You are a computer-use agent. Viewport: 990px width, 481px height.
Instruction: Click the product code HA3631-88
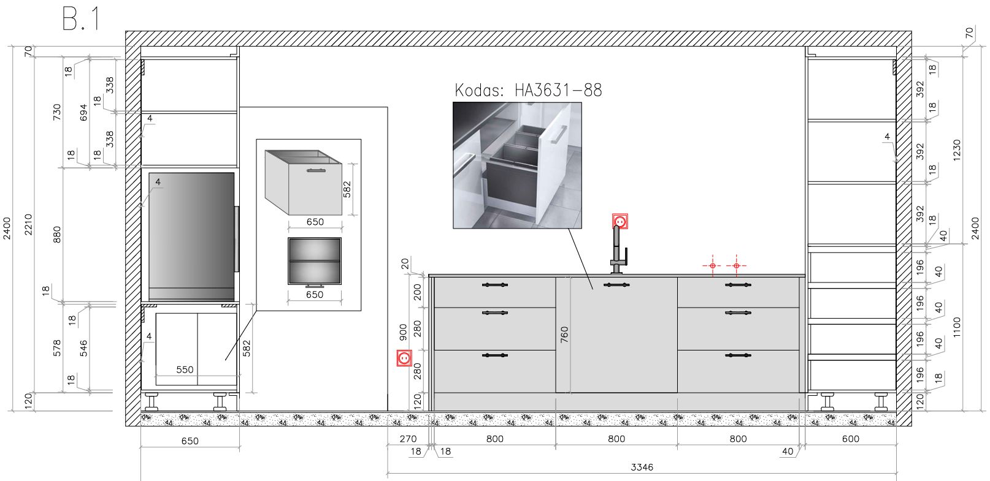point(558,90)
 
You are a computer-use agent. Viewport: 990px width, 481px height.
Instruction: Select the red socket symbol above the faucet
point(620,221)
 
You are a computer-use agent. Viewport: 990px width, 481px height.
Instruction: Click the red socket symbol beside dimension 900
point(404,358)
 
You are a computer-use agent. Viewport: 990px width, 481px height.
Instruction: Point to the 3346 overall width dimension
point(642,468)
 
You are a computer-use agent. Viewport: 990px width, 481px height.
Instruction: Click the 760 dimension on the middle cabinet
point(564,335)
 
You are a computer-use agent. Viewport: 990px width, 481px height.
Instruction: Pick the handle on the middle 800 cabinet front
point(616,285)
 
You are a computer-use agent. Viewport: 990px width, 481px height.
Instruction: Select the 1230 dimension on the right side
point(957,150)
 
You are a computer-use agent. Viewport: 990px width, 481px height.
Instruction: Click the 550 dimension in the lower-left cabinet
point(185,369)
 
